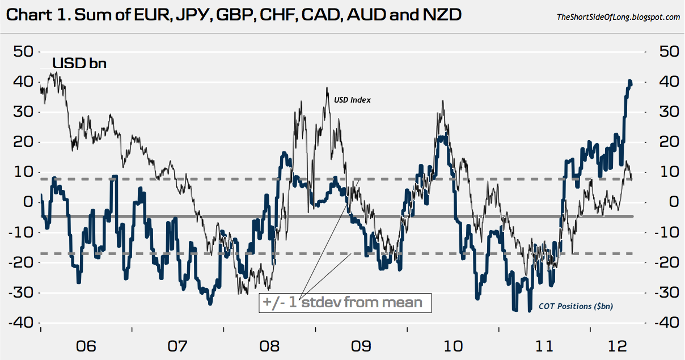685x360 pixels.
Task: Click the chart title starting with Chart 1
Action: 233,15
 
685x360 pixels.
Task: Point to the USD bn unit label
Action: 79,63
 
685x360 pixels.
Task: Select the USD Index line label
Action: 353,100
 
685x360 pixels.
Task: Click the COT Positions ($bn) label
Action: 584,306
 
